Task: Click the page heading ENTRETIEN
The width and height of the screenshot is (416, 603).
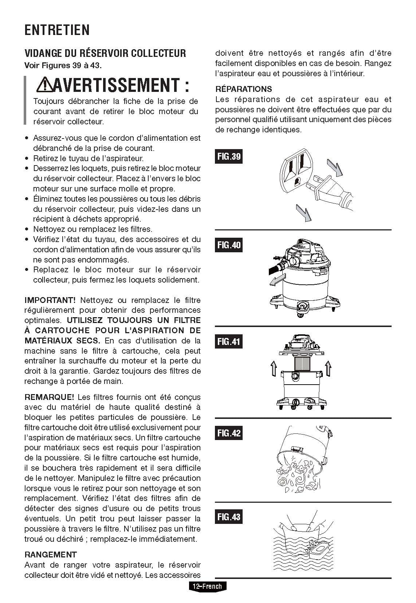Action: click(x=57, y=30)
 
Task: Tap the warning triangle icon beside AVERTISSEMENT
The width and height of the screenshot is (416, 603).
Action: click(x=44, y=85)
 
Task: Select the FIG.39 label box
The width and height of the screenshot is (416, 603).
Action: click(x=229, y=157)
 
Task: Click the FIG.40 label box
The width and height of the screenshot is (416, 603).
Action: click(x=229, y=245)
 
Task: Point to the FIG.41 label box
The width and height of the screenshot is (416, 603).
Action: click(x=229, y=341)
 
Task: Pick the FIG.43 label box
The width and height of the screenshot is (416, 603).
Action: click(x=229, y=517)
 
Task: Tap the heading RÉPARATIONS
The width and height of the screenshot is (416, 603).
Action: click(x=243, y=89)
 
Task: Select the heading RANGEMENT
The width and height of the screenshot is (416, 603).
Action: click(x=51, y=555)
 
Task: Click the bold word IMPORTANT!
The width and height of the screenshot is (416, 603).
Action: click(x=50, y=300)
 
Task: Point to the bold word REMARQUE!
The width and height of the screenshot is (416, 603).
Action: click(x=49, y=397)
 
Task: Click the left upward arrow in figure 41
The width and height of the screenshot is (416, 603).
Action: click(x=273, y=368)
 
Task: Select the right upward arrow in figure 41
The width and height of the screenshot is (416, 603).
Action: click(x=328, y=368)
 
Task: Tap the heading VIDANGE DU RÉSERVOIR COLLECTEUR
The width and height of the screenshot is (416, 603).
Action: click(x=105, y=53)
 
